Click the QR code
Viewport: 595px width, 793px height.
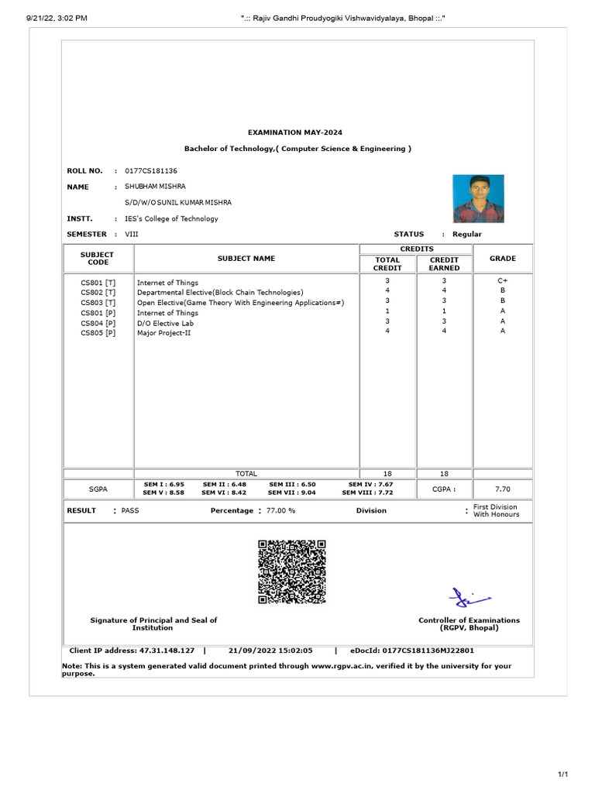291,572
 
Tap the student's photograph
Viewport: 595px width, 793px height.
478,198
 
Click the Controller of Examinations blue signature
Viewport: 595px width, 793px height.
469,598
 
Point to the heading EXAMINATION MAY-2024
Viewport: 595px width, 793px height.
297,132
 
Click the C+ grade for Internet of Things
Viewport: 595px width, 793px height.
503,281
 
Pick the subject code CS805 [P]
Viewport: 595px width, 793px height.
98,333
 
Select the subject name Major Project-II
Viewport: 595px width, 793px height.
163,333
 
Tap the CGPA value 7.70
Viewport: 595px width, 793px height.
503,489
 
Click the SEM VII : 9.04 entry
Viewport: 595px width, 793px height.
291,492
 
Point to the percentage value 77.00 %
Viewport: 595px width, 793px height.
280,510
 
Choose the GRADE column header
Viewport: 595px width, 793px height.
503,259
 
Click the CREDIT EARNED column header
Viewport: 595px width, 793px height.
445,264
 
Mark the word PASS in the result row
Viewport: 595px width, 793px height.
130,510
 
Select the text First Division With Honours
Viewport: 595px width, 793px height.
496,510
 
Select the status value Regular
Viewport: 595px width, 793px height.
467,234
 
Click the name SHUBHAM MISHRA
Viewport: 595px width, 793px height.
155,187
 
